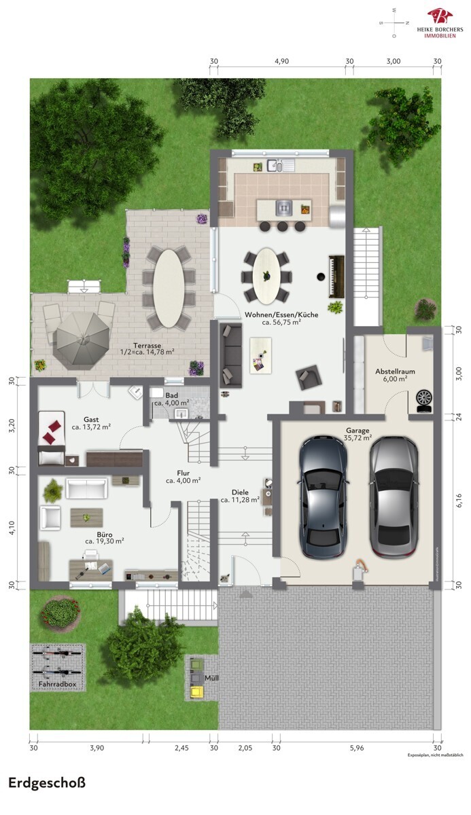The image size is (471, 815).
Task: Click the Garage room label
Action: [358, 430]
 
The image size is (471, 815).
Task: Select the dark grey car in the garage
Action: [324, 496]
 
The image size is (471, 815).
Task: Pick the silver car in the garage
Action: [394, 496]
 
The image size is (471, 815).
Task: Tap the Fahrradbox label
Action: [58, 684]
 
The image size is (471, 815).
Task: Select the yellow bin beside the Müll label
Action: [197, 691]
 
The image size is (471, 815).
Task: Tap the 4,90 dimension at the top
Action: [281, 61]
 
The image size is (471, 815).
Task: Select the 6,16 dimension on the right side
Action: [459, 500]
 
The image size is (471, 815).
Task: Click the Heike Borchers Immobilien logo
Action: [440, 22]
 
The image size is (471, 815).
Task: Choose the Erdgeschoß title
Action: [47, 783]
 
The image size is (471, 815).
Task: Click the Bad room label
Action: [171, 395]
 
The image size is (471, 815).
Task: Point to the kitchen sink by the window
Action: [279, 165]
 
